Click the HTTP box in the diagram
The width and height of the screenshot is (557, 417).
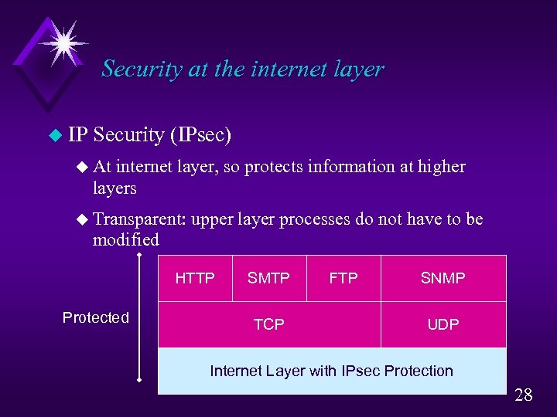pyautogui.click(x=195, y=278)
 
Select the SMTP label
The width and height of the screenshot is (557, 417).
pyautogui.click(x=268, y=278)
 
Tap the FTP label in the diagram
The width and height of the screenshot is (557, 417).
pyautogui.click(x=343, y=278)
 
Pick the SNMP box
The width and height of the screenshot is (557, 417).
pyautogui.click(x=443, y=278)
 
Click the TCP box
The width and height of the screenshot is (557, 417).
pyautogui.click(x=269, y=324)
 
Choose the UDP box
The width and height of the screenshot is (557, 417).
pyautogui.click(x=443, y=324)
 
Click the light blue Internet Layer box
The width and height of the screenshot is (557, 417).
pyautogui.click(x=332, y=371)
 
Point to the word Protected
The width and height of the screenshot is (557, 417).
pyautogui.click(x=96, y=317)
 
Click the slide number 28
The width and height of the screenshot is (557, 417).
pyautogui.click(x=524, y=395)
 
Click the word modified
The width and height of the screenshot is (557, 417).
pyautogui.click(x=125, y=239)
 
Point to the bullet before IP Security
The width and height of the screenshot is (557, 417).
pyautogui.click(x=54, y=136)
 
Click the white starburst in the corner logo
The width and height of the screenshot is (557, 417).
pyautogui.click(x=62, y=42)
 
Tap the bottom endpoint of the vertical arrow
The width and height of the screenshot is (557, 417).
pyautogui.click(x=138, y=380)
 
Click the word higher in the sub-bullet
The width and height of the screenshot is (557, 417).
pyautogui.click(x=442, y=166)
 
